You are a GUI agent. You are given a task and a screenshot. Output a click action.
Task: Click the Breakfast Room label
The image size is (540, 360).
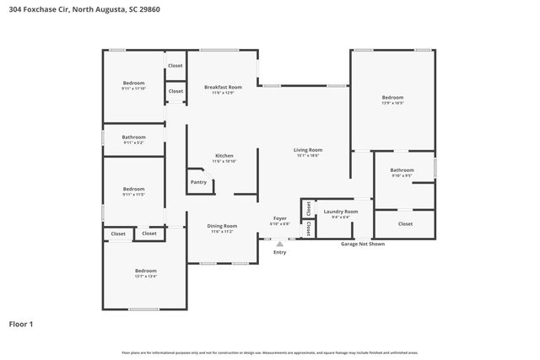pos(224,88)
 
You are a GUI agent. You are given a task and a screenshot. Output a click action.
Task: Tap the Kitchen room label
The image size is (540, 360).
pos(224,156)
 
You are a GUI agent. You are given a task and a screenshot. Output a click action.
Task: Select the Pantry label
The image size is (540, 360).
pos(198,182)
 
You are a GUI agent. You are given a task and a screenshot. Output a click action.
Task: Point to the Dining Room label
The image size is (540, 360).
pos(224,226)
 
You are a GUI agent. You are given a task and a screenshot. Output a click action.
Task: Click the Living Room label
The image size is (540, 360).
pos(309,150)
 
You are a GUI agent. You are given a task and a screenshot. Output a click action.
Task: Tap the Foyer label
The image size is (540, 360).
pos(279,218)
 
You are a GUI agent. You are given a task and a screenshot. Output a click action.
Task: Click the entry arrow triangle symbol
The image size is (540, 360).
pos(279,243)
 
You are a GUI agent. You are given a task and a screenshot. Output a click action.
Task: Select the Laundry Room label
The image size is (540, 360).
pos(341,212)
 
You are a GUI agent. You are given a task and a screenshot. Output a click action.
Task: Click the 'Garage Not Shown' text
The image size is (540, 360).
pos(362,244)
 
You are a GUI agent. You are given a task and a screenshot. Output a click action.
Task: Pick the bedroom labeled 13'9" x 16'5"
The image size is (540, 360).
pos(393,98)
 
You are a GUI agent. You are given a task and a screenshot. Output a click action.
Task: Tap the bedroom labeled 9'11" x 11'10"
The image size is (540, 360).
pos(133,83)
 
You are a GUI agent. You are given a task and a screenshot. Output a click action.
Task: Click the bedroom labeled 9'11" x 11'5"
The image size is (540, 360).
pos(133,190)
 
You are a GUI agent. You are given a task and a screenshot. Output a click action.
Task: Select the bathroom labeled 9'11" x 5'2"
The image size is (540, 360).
pos(133,137)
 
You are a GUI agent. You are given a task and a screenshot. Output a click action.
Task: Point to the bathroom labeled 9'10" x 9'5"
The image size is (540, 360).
pos(402,170)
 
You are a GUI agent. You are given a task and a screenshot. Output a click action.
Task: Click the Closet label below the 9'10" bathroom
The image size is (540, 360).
pos(405,224)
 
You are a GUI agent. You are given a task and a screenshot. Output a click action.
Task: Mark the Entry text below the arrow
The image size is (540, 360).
pos(279,251)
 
